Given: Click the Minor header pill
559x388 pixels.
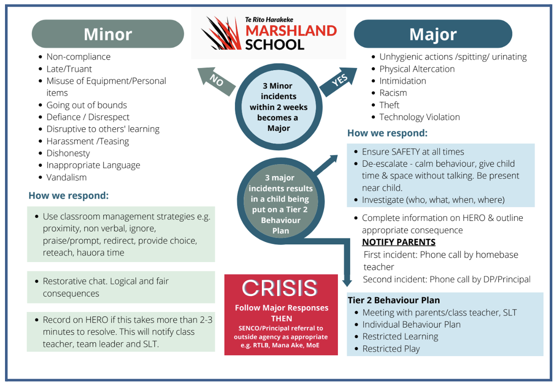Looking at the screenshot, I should [108, 34].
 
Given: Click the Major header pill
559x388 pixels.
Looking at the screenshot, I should [433, 34].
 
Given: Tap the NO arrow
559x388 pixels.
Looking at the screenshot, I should [216, 81].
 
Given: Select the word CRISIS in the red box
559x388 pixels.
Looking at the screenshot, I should [279, 288].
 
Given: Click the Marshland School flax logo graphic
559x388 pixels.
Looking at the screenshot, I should [221, 33].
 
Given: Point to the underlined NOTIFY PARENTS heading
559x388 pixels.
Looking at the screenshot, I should [399, 242].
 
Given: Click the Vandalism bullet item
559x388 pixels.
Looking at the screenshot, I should [67, 177].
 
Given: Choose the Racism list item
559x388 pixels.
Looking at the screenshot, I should [393, 93].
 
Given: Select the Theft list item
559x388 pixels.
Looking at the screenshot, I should [389, 105].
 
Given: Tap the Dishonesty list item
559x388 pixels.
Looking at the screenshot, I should [68, 153].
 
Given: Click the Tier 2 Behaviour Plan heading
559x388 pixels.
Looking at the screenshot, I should [394, 300].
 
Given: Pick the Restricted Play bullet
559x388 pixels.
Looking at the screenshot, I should [391, 349].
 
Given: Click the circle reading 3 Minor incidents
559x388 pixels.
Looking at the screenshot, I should [279, 107].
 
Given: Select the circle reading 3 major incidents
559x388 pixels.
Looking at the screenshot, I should [280, 201].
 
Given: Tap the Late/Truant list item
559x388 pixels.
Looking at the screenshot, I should [69, 69].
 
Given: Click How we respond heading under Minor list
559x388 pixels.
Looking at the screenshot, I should [68, 196].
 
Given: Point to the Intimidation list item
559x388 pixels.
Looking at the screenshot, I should [402, 81].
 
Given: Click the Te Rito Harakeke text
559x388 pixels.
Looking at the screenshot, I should [269, 20].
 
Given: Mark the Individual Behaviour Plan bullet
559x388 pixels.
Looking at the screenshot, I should [411, 325].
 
